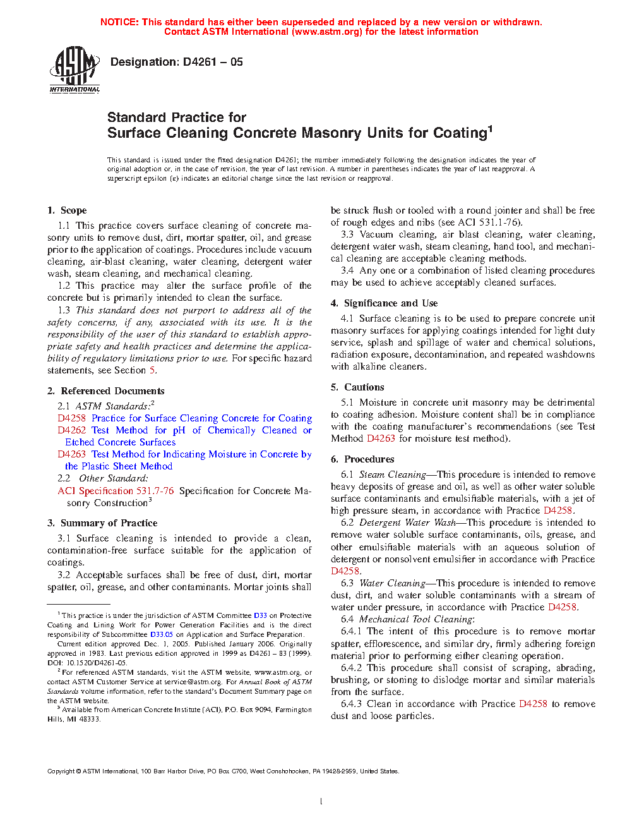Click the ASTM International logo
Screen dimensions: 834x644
[x=74, y=70]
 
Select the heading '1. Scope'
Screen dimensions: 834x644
[x=67, y=210]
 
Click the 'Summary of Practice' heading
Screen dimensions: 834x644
[x=109, y=523]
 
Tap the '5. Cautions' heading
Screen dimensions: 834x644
[x=357, y=387]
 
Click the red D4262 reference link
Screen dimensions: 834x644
[x=71, y=430]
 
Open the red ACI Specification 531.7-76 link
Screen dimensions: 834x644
[x=116, y=491]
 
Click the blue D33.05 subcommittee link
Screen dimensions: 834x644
[x=162, y=634]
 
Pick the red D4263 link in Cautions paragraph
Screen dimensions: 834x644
[x=381, y=438]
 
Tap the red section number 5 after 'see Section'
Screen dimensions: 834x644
[x=152, y=370]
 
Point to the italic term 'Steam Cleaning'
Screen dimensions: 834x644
[x=393, y=474]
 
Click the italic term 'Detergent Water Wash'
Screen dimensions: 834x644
[x=407, y=523]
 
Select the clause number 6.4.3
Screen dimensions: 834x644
[x=352, y=704]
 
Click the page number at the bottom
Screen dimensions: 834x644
[x=321, y=801]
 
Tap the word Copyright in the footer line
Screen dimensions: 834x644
[x=61, y=771]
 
